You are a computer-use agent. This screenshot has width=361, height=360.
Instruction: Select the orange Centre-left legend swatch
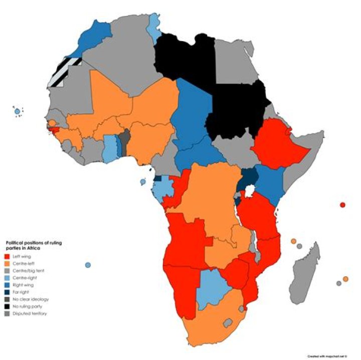(7, 264)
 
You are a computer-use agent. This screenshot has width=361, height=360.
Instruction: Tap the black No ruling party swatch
(7, 306)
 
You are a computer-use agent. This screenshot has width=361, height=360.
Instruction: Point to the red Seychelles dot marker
(342, 205)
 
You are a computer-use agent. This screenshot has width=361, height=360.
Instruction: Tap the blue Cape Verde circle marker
(18, 111)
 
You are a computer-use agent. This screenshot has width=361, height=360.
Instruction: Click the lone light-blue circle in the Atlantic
(88, 265)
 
